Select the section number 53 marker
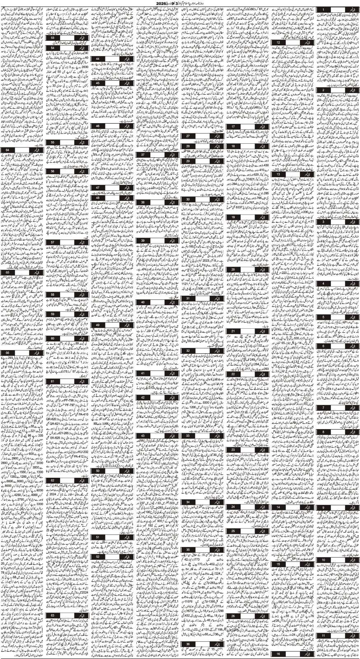click(x=52, y=37)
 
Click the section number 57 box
click(x=52, y=242)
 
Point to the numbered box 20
click(x=234, y=269)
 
